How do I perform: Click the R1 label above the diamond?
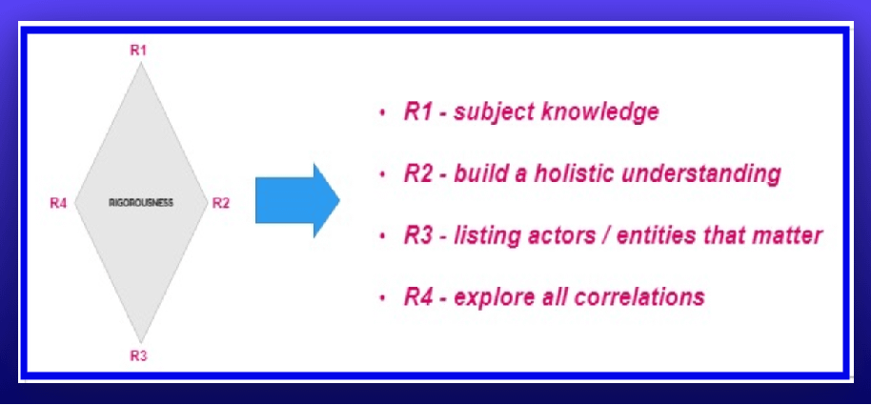point(138,50)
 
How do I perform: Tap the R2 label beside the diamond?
point(220,203)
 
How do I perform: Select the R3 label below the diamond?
point(138,356)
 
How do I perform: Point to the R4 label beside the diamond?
point(58,203)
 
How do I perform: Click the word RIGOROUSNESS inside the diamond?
point(141,203)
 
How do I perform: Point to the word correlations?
point(638,297)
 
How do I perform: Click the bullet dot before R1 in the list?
point(382,113)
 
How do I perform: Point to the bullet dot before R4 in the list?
point(382,298)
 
